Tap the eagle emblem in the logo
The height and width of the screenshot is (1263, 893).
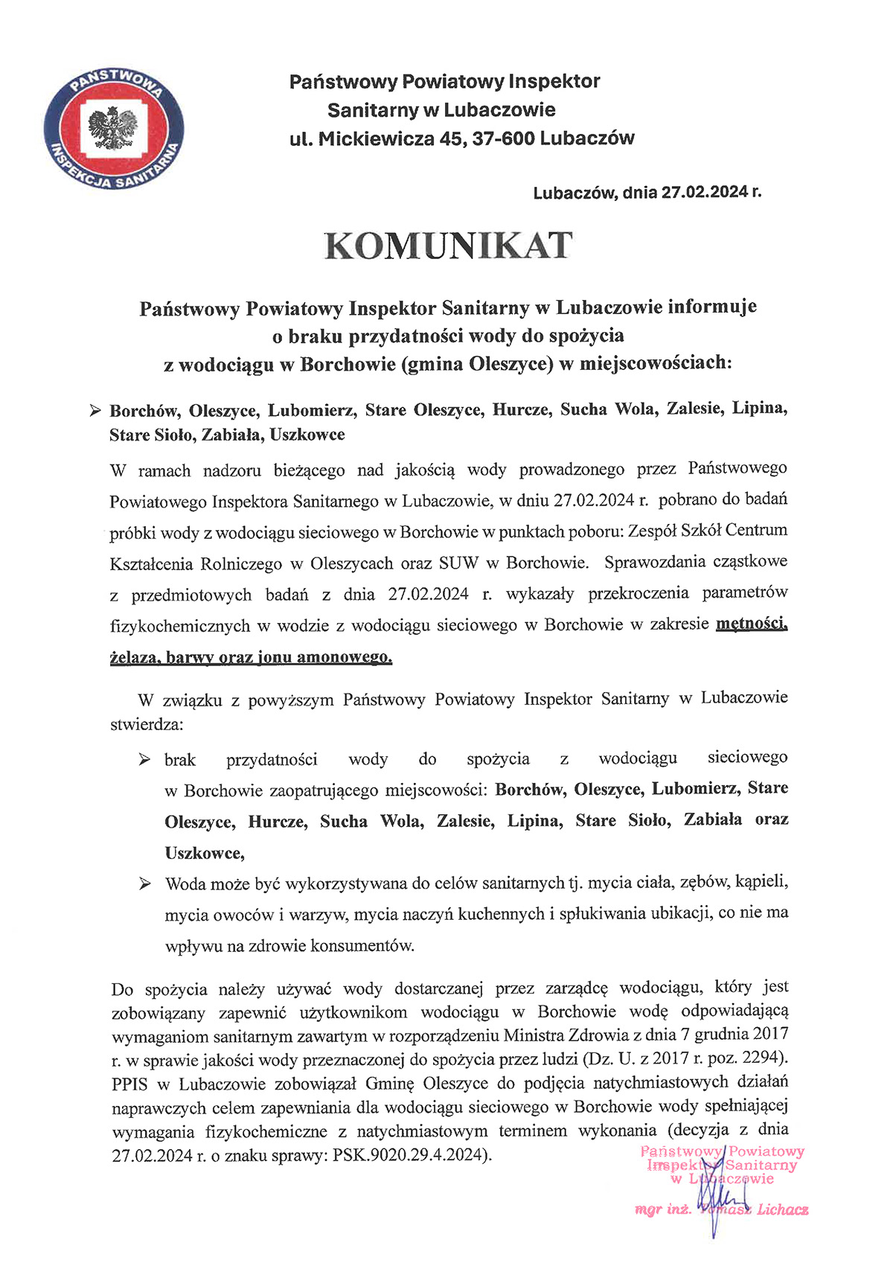click(x=113, y=127)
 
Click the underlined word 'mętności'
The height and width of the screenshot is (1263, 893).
click(x=751, y=624)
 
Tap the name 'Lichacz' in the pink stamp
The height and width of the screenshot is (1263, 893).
click(x=783, y=1210)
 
